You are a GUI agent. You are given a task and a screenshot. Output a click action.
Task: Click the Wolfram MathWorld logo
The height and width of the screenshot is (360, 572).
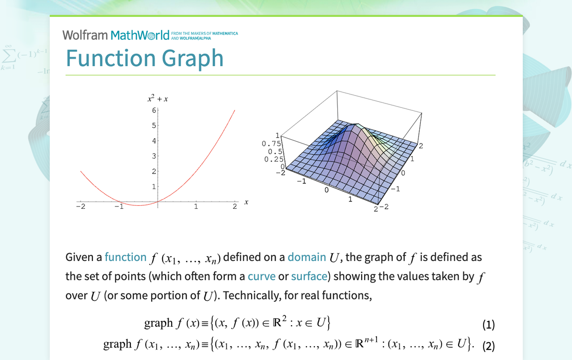click(115, 35)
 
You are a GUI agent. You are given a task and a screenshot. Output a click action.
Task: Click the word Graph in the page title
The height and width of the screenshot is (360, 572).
click(192, 59)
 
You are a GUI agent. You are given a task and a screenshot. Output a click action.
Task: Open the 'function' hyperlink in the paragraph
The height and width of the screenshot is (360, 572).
click(125, 257)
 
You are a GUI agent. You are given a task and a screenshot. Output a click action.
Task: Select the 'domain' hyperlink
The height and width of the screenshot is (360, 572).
click(307, 257)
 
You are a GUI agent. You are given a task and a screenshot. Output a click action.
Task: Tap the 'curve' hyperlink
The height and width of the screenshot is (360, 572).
click(262, 276)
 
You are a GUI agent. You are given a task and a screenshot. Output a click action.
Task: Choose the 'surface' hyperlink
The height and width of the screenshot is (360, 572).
click(309, 276)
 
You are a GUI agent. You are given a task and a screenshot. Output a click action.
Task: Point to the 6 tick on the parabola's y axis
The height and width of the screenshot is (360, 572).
click(154, 110)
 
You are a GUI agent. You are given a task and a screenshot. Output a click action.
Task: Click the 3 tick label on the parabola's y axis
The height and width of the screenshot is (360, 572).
click(154, 156)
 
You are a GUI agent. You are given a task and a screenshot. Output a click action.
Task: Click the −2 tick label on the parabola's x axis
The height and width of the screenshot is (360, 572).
click(81, 206)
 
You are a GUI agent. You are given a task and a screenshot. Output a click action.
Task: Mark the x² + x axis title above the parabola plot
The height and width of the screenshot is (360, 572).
click(158, 98)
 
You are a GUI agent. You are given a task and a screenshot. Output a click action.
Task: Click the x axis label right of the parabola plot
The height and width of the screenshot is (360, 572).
click(246, 202)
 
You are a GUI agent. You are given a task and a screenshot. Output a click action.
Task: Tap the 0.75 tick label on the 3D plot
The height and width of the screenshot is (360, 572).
click(271, 144)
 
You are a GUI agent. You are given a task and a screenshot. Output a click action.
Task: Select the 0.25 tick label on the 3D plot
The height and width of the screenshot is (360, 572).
click(274, 160)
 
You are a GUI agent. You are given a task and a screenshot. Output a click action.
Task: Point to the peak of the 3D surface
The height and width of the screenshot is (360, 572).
click(357, 125)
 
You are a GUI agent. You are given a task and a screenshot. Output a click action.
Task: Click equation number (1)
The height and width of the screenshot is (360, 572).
click(488, 324)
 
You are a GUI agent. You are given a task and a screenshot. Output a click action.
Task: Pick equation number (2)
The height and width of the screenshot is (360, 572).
click(488, 346)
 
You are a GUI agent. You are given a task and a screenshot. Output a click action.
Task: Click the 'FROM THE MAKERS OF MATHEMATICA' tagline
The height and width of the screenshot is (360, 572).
click(204, 33)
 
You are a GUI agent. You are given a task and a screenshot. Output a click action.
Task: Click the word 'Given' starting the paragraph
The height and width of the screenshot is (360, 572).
click(80, 257)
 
